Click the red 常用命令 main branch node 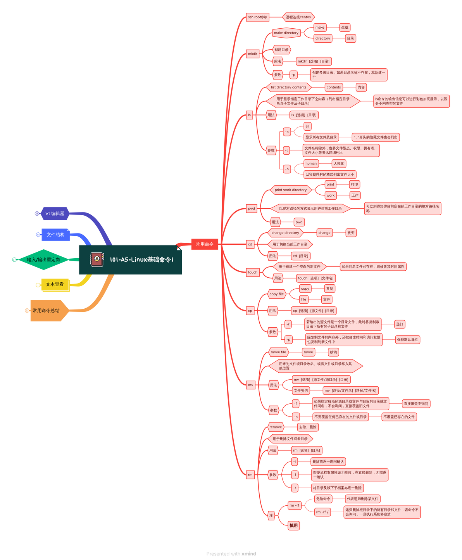point(205,244)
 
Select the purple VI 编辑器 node point(55,214)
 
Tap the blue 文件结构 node point(55,235)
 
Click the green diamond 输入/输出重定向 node point(43,260)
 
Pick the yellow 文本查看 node point(55,284)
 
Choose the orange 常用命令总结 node point(47,311)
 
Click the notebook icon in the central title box point(97,260)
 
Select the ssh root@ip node point(257,17)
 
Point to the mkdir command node point(252,54)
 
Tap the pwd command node point(252,209)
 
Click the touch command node point(253,272)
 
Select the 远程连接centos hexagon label point(298,17)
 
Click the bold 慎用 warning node point(294,525)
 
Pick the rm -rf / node point(322,512)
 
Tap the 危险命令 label point(323,499)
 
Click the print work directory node point(291,190)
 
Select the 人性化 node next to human point(339,164)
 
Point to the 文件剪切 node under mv point(301,391)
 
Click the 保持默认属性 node point(407,340)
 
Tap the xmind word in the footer point(249,554)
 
